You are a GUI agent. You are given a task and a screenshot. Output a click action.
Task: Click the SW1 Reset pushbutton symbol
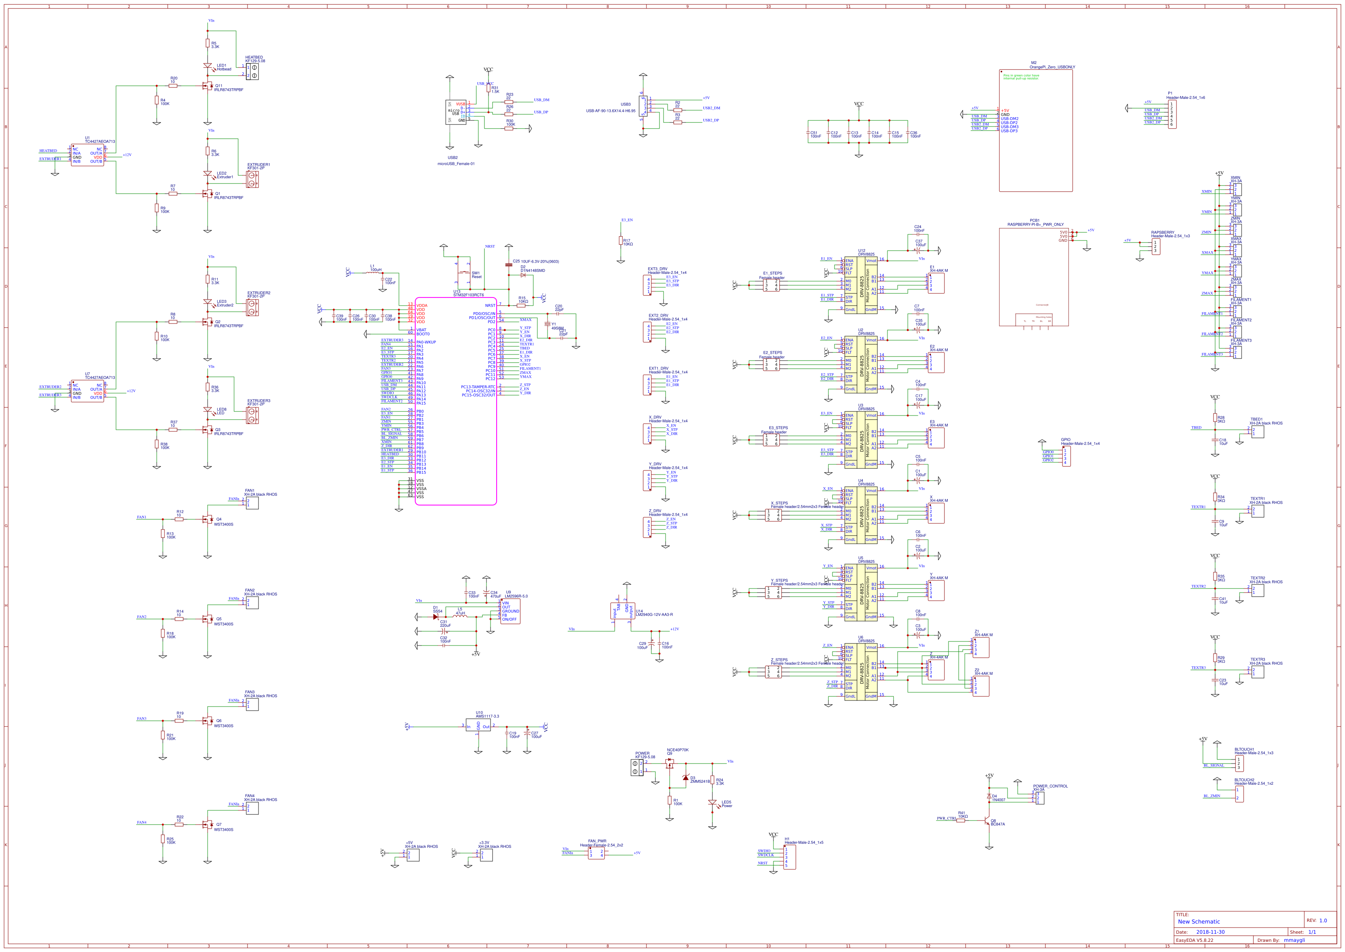pyautogui.click(x=464, y=273)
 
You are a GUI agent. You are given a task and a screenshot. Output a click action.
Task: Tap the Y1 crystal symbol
pyautogui.click(x=548, y=324)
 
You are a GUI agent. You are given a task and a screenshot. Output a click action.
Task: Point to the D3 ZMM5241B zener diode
pyautogui.click(x=686, y=778)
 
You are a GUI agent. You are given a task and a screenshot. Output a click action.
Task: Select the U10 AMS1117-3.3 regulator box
pyautogui.click(x=478, y=726)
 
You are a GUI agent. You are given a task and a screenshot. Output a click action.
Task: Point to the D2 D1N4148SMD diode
pyautogui.click(x=522, y=275)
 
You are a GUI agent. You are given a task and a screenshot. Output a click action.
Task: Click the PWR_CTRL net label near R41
pyautogui.click(x=946, y=819)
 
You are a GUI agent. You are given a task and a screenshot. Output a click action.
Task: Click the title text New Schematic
pyautogui.click(x=1198, y=921)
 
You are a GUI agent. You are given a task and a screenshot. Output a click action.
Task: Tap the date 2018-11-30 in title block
pyautogui.click(x=1210, y=932)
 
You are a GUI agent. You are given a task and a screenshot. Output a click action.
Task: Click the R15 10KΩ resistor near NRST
pyautogui.click(x=521, y=305)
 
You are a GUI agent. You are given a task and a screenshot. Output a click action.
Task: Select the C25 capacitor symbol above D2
pyautogui.click(x=508, y=265)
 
